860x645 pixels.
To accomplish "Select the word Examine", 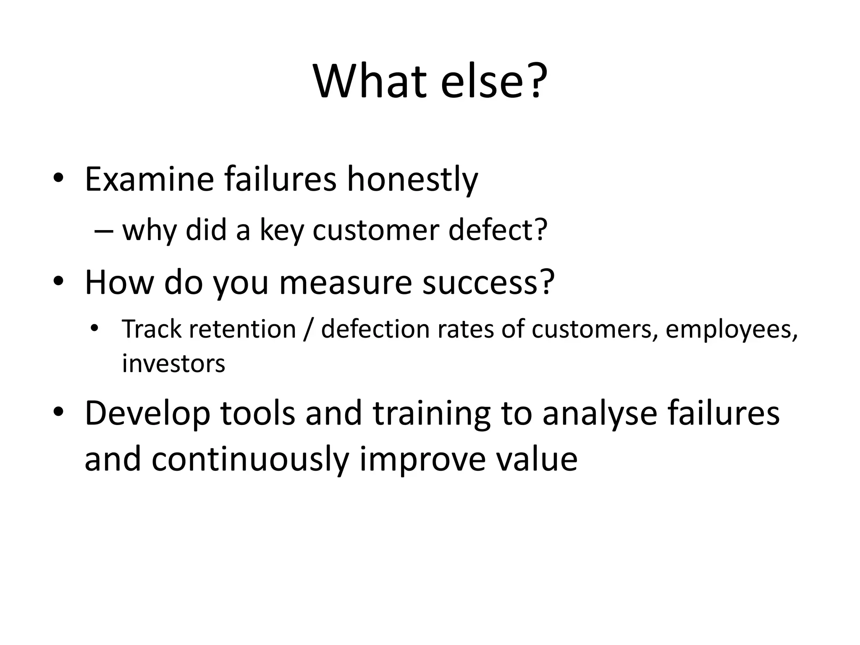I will coord(149,180).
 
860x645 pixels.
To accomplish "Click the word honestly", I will coord(412,180).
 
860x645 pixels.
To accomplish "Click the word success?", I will coord(488,282).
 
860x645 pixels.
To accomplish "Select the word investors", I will coord(173,364).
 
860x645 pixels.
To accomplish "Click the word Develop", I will coord(147,414).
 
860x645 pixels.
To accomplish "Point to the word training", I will coord(431,414).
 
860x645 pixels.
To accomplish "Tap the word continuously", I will coord(250,459).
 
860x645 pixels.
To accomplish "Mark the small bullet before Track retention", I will coord(94,328).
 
